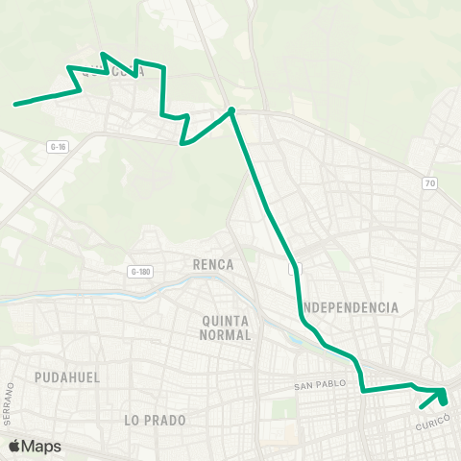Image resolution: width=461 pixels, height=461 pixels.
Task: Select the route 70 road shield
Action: click(428, 182)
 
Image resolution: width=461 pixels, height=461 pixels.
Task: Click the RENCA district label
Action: click(213, 263)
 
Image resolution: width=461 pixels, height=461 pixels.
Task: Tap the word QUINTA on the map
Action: click(227, 321)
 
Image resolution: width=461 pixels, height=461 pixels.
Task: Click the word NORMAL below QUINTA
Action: click(227, 335)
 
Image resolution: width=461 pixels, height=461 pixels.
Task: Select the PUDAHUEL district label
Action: click(67, 377)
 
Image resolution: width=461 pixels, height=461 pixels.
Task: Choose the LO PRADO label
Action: click(155, 420)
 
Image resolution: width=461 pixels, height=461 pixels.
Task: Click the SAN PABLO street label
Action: click(318, 387)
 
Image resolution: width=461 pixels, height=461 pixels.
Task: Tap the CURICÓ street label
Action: click(434, 425)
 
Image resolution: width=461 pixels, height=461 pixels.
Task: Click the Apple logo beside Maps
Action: click(13, 447)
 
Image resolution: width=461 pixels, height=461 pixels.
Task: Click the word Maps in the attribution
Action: click(41, 447)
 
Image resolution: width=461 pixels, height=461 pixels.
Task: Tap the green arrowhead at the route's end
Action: click(441, 397)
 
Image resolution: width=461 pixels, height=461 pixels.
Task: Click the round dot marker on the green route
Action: click(231, 110)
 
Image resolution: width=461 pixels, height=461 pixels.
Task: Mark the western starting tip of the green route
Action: click(14, 104)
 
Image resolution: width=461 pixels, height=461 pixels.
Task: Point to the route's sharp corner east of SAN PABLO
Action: click(362, 390)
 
